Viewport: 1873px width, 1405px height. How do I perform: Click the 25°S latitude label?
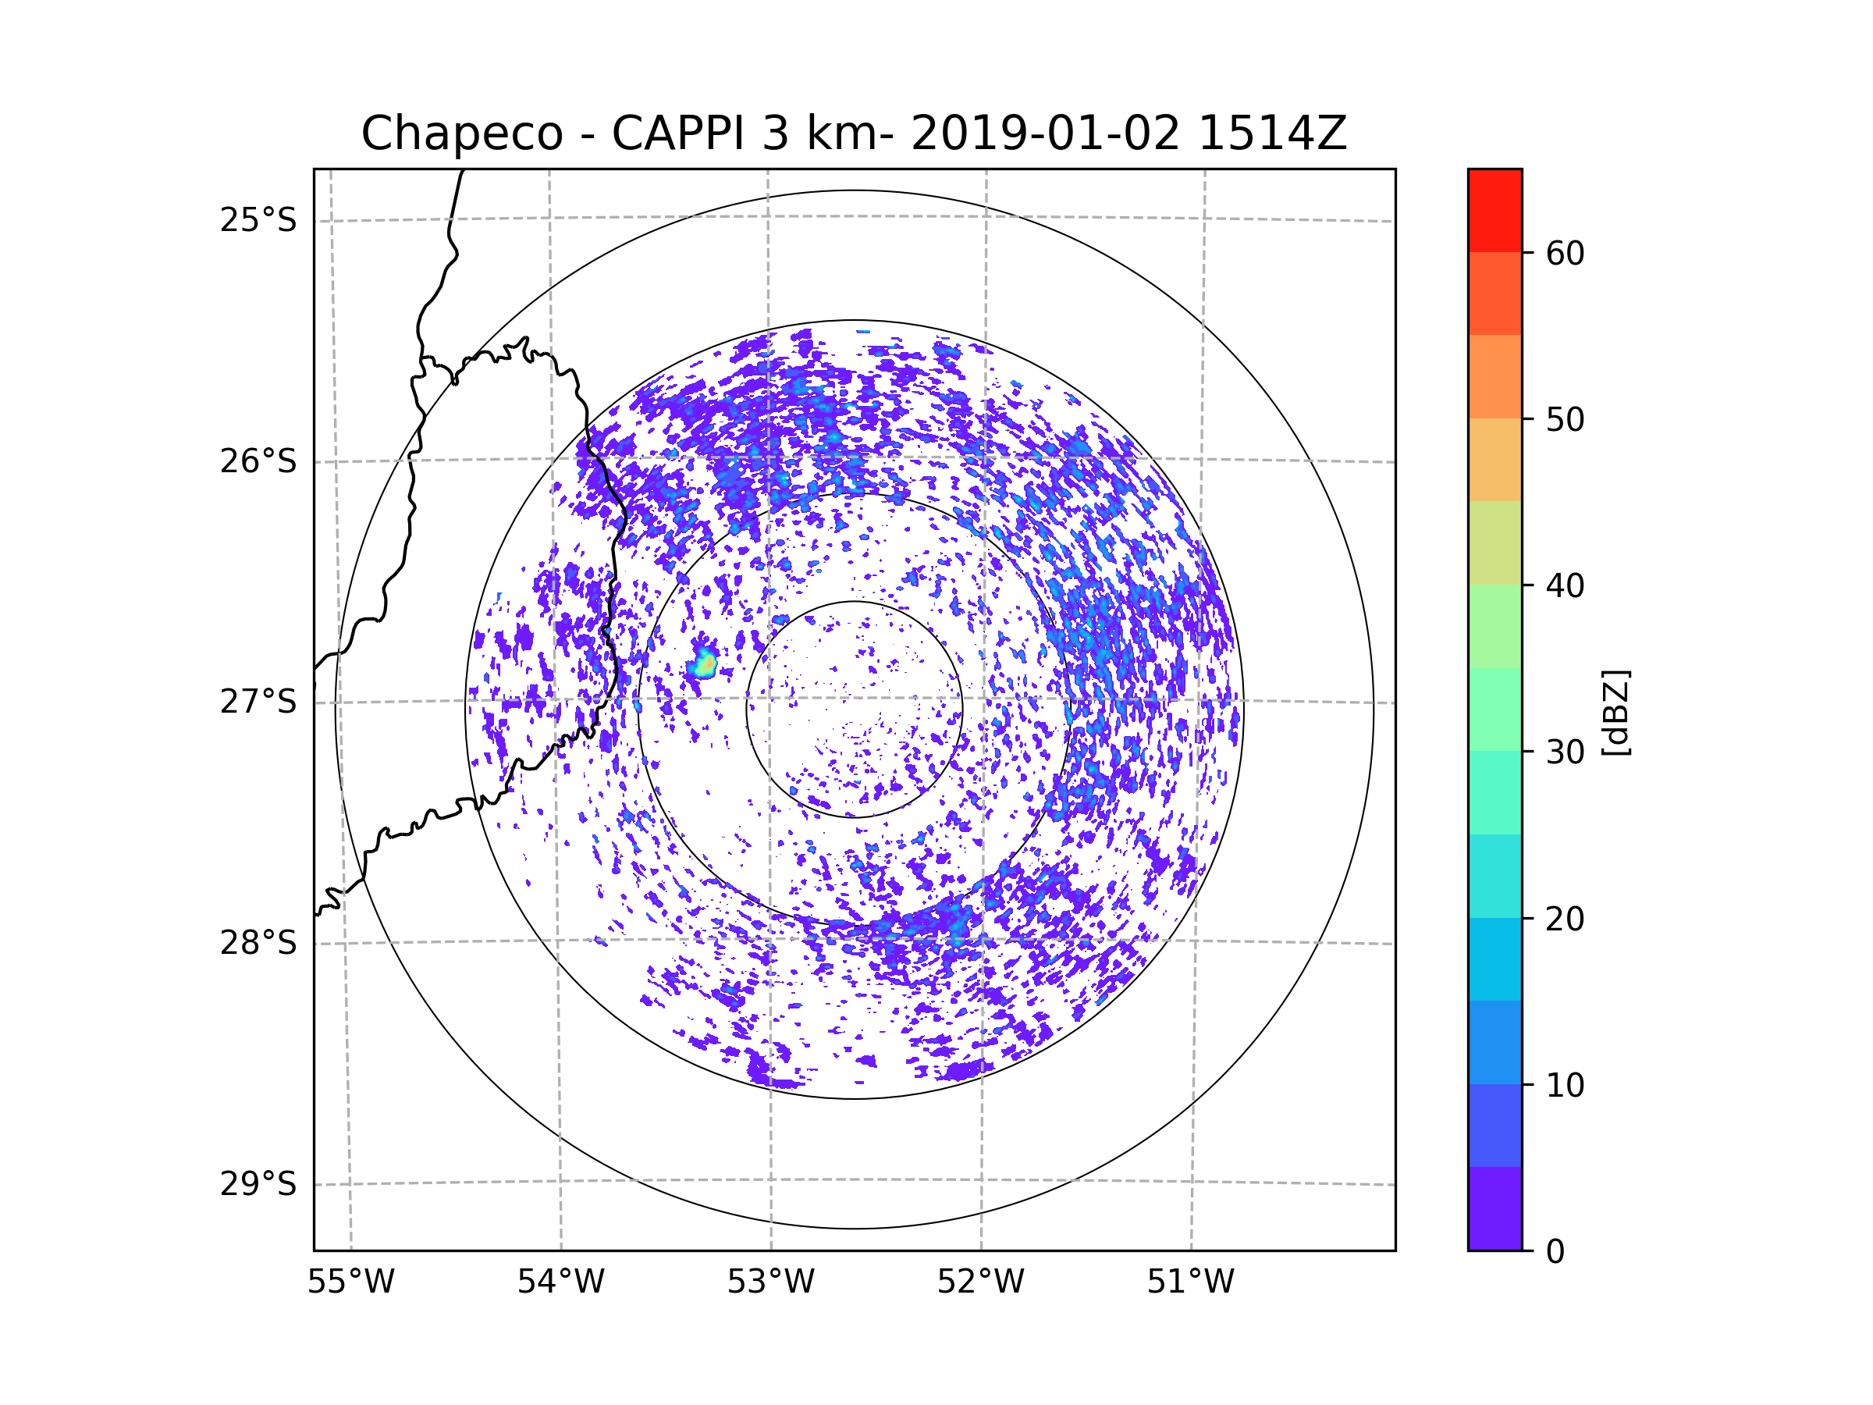258,220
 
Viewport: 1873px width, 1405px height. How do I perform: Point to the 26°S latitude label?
258,461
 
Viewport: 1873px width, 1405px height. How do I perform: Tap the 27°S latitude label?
258,702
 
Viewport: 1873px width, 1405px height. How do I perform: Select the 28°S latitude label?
258,943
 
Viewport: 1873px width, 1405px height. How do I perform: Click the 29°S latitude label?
258,1184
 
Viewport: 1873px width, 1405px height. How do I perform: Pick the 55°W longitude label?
350,1282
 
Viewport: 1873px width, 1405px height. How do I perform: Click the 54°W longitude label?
560,1282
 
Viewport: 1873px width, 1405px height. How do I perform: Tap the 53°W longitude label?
770,1282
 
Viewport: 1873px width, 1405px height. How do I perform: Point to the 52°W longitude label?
980,1282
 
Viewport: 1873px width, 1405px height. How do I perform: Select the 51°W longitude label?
1190,1282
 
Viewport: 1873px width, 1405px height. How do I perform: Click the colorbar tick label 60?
1565,253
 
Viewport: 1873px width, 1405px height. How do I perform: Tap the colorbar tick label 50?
1565,419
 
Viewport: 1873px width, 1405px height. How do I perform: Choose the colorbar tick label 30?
1565,752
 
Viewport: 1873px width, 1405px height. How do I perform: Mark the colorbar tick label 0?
1555,1251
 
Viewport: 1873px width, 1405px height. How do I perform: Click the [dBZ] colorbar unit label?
1615,712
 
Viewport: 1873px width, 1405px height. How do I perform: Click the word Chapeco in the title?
462,133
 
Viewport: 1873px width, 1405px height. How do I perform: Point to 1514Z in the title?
1273,133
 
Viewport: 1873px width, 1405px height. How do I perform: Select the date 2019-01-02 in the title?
1045,133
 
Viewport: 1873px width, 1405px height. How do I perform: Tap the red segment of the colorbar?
1494,210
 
